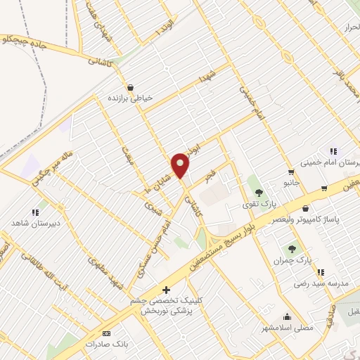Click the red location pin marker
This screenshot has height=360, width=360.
[181, 165]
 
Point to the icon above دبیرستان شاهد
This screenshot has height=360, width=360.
[34, 212]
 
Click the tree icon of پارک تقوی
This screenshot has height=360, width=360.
[259, 192]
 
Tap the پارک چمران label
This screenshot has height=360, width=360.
[293, 261]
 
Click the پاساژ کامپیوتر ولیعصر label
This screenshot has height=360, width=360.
[325, 219]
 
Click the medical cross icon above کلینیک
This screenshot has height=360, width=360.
[166, 289]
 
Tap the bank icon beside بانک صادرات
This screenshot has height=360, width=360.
[106, 333]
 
